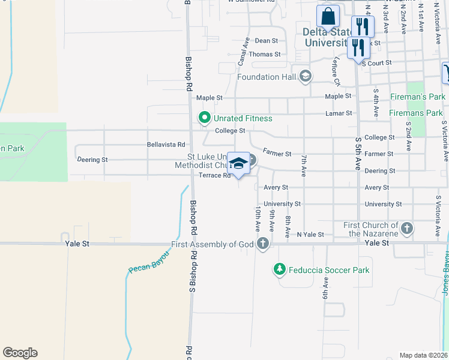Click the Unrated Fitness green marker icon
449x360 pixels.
click(204, 118)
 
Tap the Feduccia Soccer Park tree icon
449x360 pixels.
click(279, 270)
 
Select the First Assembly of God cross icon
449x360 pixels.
click(262, 244)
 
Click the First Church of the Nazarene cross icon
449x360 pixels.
click(408, 229)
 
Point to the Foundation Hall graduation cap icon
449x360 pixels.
click(306, 76)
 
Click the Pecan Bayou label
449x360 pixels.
click(148, 262)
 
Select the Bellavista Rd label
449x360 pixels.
click(166, 145)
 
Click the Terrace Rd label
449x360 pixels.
click(215, 176)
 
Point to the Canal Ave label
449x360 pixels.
click(243, 52)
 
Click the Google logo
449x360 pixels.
click(20, 353)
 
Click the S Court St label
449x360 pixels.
click(377, 62)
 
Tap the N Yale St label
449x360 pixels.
click(310, 235)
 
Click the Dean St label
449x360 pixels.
click(267, 41)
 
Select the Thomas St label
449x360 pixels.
click(265, 54)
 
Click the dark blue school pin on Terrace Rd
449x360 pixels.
click(238, 163)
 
